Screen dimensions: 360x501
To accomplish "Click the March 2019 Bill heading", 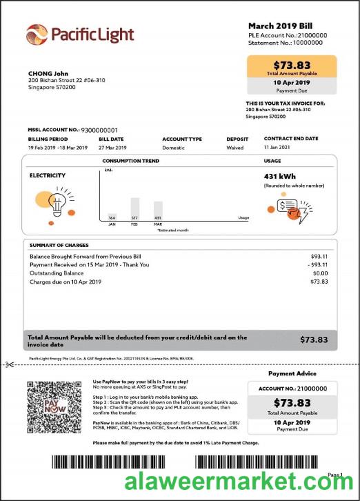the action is [x=280, y=25].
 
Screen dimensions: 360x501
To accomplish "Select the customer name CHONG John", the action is [x=48, y=73].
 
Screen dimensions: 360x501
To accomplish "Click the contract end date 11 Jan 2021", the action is [x=278, y=148].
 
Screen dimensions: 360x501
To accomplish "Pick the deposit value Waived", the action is [x=234, y=148].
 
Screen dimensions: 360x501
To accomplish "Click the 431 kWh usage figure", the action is [x=279, y=177].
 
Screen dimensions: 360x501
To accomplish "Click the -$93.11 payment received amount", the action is [x=317, y=264].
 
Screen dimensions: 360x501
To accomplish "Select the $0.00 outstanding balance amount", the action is [x=319, y=273].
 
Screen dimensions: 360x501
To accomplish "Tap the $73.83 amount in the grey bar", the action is [x=315, y=340].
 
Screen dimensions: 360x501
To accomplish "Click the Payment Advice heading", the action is [x=292, y=373].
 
